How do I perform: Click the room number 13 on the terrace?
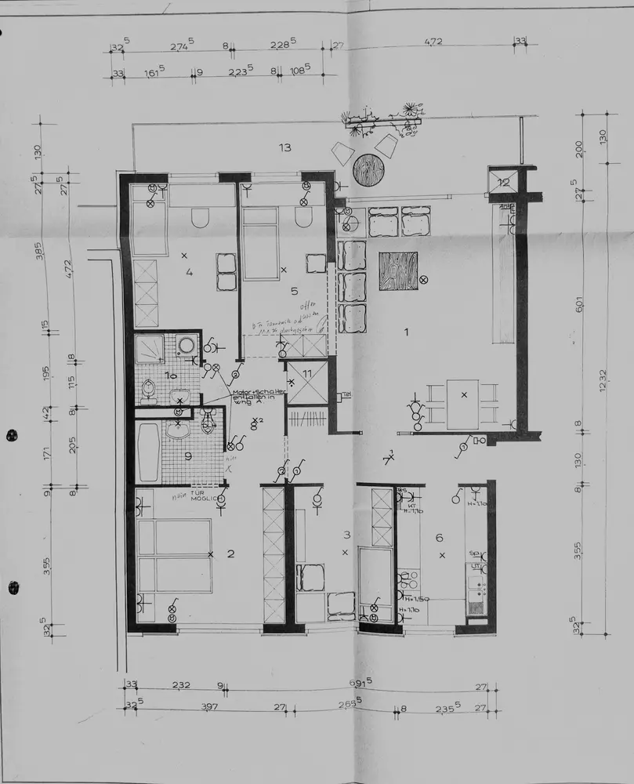(284, 147)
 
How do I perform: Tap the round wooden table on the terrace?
(368, 169)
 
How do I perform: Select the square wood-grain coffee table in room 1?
(399, 271)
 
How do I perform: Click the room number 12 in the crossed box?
(503, 183)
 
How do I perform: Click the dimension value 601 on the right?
(579, 303)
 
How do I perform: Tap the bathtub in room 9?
(148, 452)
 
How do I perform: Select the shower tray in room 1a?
(149, 350)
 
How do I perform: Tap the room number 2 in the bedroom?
(230, 554)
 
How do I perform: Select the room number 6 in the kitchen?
(439, 537)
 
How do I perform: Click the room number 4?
(189, 273)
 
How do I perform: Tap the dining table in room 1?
(463, 404)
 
